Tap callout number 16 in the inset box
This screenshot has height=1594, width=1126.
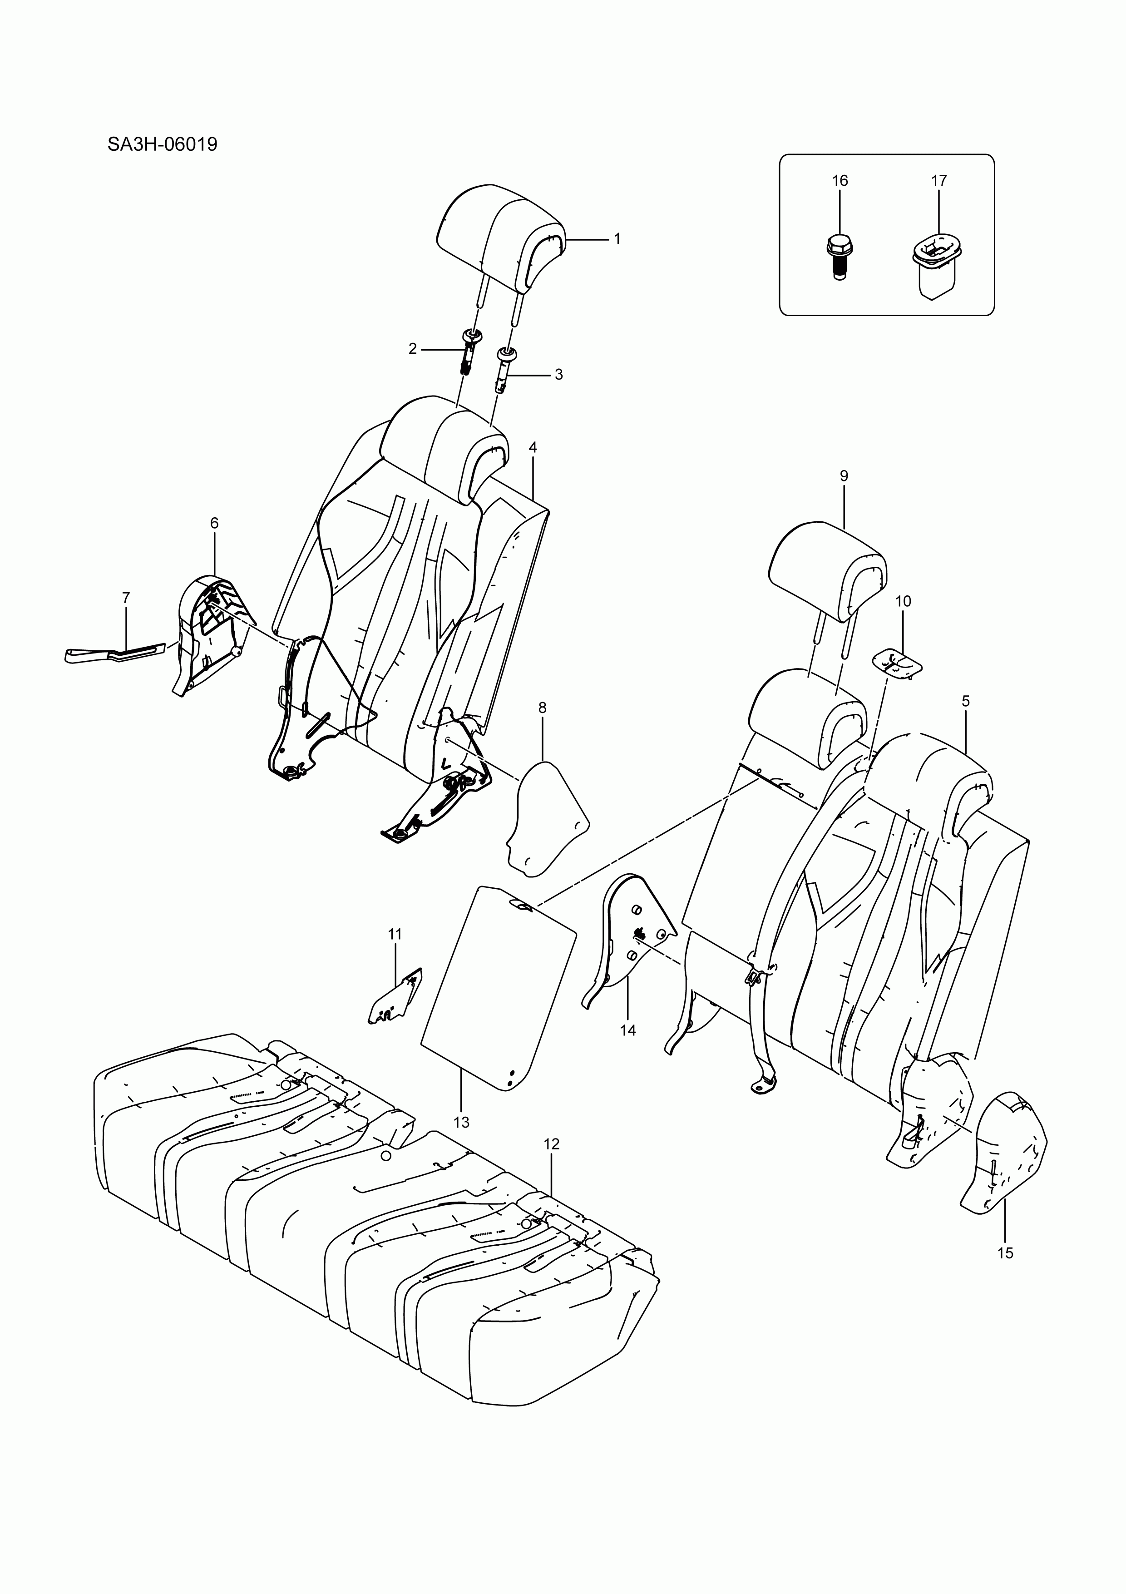(x=840, y=180)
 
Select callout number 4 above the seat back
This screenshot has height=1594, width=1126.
(x=533, y=448)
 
